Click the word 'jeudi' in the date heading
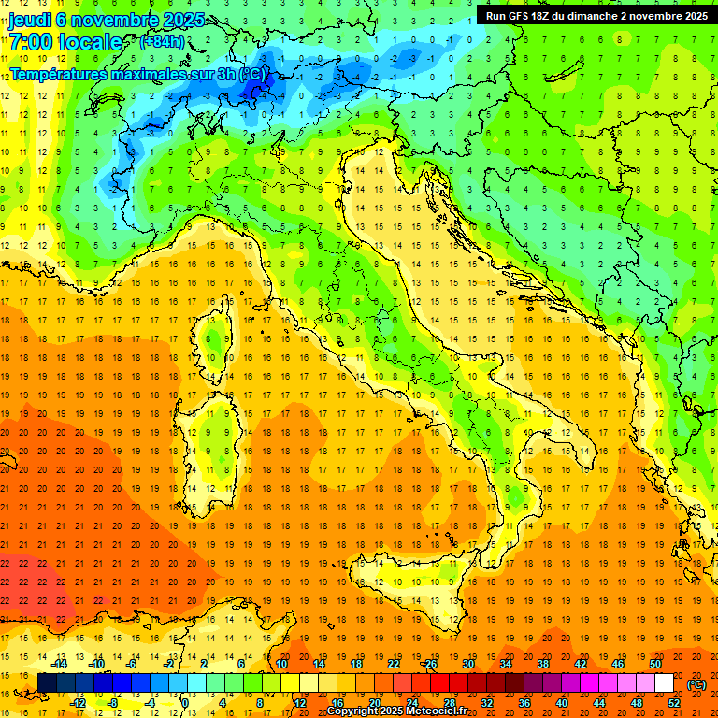pos(30,20)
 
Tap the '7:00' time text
pos(31,42)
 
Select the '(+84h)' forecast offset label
pos(162,41)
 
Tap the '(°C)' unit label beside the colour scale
pos(696,684)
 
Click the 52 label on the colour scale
pos(674,703)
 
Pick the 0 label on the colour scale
pos(185,703)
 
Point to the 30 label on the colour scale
pos(468,664)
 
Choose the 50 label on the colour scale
pos(655,664)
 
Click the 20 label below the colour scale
pos(374,703)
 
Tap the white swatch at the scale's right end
pos(664,683)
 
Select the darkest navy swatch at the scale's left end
pos(47,683)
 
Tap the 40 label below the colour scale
pos(562,703)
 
